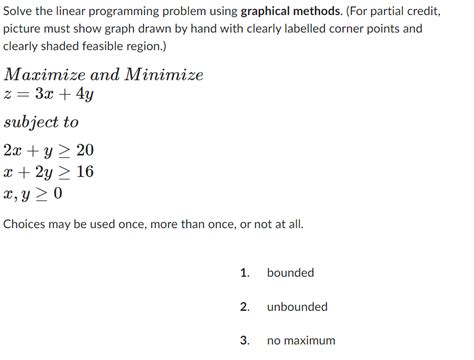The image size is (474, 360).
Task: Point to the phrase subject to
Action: point(41,123)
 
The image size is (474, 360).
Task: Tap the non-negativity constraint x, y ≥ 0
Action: point(33,193)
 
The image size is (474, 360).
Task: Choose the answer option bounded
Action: point(290,273)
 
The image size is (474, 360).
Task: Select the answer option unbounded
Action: point(297,307)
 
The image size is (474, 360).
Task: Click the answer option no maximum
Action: point(301,341)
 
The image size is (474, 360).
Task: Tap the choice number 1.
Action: point(244,273)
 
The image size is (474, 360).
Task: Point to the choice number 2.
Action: point(244,307)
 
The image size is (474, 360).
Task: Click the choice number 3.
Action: point(244,341)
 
